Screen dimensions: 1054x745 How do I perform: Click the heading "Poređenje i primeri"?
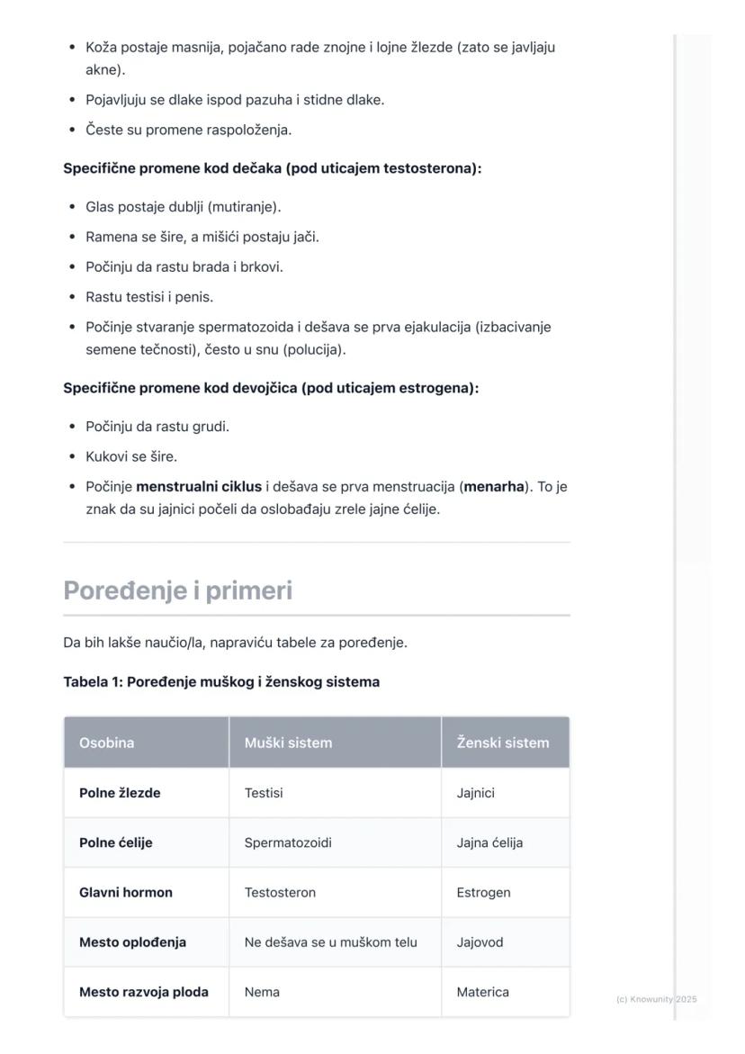click(177, 590)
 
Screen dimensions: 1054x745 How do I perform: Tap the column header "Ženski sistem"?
click(502, 743)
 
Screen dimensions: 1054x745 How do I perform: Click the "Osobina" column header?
click(106, 743)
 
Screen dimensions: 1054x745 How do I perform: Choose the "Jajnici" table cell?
click(475, 793)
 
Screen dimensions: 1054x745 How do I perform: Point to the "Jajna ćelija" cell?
click(489, 843)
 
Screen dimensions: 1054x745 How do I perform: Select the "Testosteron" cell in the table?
click(280, 893)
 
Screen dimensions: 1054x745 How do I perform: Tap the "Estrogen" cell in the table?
click(483, 893)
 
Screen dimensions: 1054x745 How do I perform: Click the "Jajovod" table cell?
click(480, 942)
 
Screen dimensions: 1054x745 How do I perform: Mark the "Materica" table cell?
click(482, 992)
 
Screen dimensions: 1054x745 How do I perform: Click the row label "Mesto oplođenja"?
click(132, 942)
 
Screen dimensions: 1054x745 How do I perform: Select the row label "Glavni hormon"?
click(125, 893)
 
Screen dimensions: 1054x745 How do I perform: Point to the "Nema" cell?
click(262, 992)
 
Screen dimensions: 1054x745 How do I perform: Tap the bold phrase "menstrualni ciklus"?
click(199, 487)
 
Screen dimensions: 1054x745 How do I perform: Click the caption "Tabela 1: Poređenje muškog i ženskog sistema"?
click(221, 682)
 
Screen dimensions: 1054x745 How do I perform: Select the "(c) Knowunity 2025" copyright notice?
click(656, 999)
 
